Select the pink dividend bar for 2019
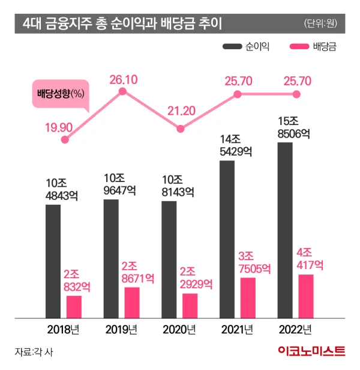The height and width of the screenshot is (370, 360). [132, 302]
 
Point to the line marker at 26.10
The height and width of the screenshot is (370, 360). [122, 92]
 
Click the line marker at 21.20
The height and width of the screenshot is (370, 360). [180, 128]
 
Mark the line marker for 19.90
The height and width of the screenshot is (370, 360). [65, 140]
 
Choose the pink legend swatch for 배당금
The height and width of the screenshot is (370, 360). [299, 46]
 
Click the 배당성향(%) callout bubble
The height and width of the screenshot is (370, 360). [59, 94]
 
